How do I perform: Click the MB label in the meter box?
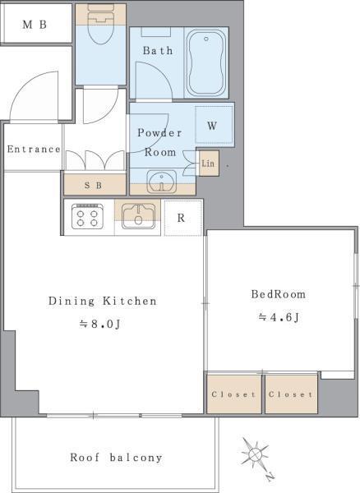pyautogui.click(x=35, y=25)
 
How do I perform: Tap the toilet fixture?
pyautogui.click(x=100, y=25)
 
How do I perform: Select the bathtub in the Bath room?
pyautogui.click(x=206, y=62)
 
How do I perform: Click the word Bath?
pyautogui.click(x=158, y=50)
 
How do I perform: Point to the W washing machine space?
pyautogui.click(x=215, y=125)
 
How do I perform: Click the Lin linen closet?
pyautogui.click(x=209, y=163)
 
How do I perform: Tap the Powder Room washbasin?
pyautogui.click(x=162, y=182)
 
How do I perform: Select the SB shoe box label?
pyautogui.click(x=94, y=185)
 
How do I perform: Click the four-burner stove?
pyautogui.click(x=87, y=216)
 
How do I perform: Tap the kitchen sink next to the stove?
pyautogui.click(x=138, y=216)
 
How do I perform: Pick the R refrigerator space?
pyautogui.click(x=182, y=218)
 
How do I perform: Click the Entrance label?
pyautogui.click(x=34, y=149)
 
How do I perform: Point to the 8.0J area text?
pyautogui.click(x=99, y=324)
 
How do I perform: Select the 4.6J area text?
pyautogui.click(x=279, y=317)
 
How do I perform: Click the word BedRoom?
pyautogui.click(x=279, y=294)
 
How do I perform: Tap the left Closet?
pyautogui.click(x=234, y=394)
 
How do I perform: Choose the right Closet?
pyautogui.click(x=291, y=394)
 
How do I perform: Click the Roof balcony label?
pyautogui.click(x=116, y=457)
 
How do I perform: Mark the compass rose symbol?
pyautogui.click(x=256, y=455)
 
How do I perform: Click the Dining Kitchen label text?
pyautogui.click(x=103, y=301)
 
